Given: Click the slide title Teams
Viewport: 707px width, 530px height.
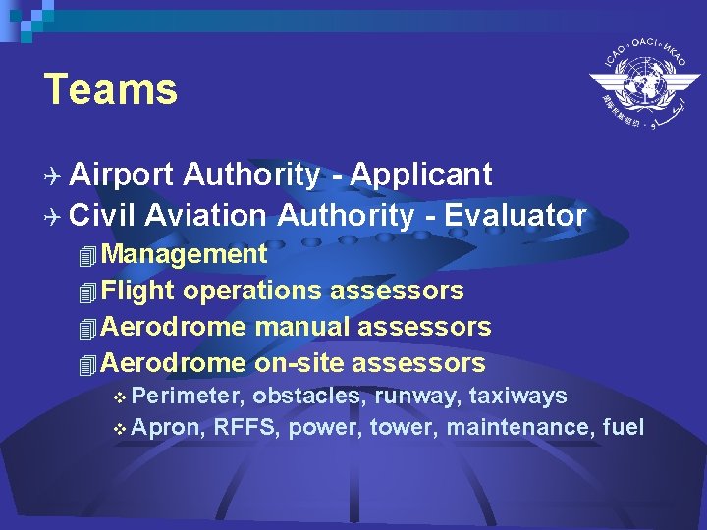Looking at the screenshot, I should click(x=111, y=89).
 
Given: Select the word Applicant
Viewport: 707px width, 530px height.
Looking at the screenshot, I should click(x=421, y=175).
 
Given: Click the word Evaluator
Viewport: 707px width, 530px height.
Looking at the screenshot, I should click(x=516, y=214).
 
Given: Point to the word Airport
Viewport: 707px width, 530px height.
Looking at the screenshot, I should click(x=122, y=175).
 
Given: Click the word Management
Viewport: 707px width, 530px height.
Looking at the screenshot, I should click(x=184, y=254).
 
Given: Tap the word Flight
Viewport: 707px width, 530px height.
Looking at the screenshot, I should click(x=137, y=291).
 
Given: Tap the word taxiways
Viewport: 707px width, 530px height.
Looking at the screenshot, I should click(x=518, y=396).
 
